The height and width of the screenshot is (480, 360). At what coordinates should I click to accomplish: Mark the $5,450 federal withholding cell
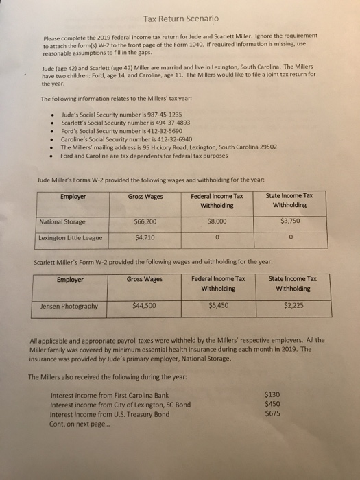218,306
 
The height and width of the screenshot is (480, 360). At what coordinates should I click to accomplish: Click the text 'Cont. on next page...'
82,422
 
